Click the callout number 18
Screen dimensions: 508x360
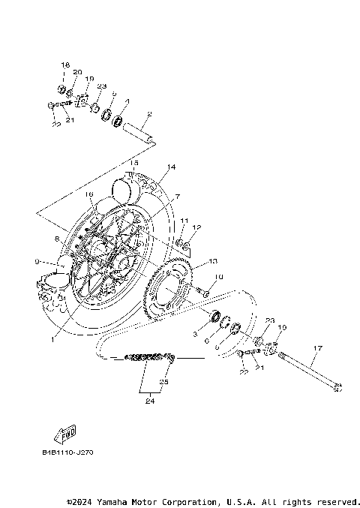65,65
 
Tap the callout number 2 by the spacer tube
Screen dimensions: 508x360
149,114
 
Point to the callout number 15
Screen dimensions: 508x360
134,162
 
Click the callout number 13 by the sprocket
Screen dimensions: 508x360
213,261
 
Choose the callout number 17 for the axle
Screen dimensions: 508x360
317,348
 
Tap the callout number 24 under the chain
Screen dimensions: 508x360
150,401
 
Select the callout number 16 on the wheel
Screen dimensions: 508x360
89,194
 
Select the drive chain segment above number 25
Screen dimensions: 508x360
150,357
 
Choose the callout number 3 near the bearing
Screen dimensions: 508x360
194,333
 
